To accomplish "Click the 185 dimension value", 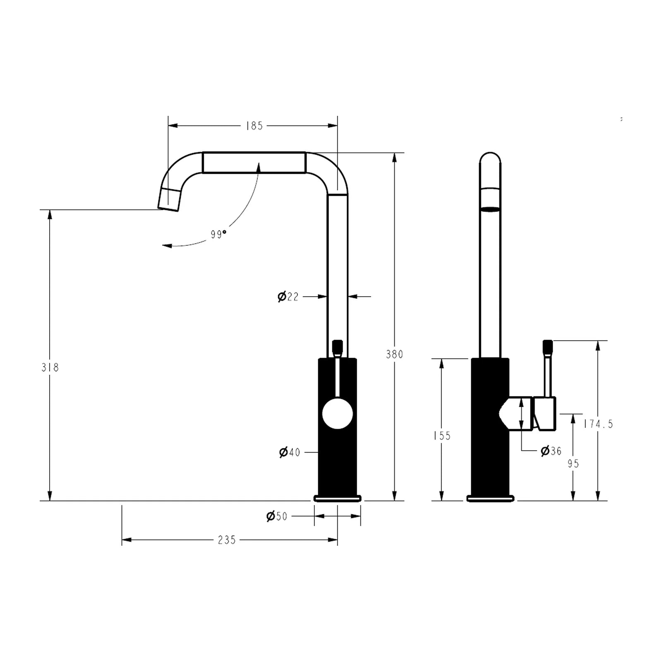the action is pyautogui.click(x=254, y=126).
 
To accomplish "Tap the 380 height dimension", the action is pyautogui.click(x=394, y=354).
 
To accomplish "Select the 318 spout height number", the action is pyautogui.click(x=50, y=367).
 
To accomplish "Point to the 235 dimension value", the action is pyautogui.click(x=227, y=540).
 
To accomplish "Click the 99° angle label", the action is pyautogui.click(x=218, y=234).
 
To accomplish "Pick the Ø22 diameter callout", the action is pyautogui.click(x=288, y=297).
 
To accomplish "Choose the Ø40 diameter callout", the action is pyautogui.click(x=290, y=452).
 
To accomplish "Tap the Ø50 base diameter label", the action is pyautogui.click(x=277, y=516).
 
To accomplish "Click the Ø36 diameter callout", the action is pyautogui.click(x=551, y=451).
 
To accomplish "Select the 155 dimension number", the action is pyautogui.click(x=442, y=436).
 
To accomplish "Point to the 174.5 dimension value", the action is pyautogui.click(x=598, y=424).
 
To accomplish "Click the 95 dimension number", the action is pyautogui.click(x=573, y=464).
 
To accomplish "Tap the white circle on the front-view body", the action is pyautogui.click(x=337, y=414).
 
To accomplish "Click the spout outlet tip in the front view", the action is pyautogui.click(x=169, y=199).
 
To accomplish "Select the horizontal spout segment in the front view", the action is pyautogui.click(x=254, y=163).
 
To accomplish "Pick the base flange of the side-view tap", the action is pyautogui.click(x=490, y=499).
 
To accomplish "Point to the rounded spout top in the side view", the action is pyautogui.click(x=490, y=159).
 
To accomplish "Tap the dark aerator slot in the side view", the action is pyautogui.click(x=490, y=209).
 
